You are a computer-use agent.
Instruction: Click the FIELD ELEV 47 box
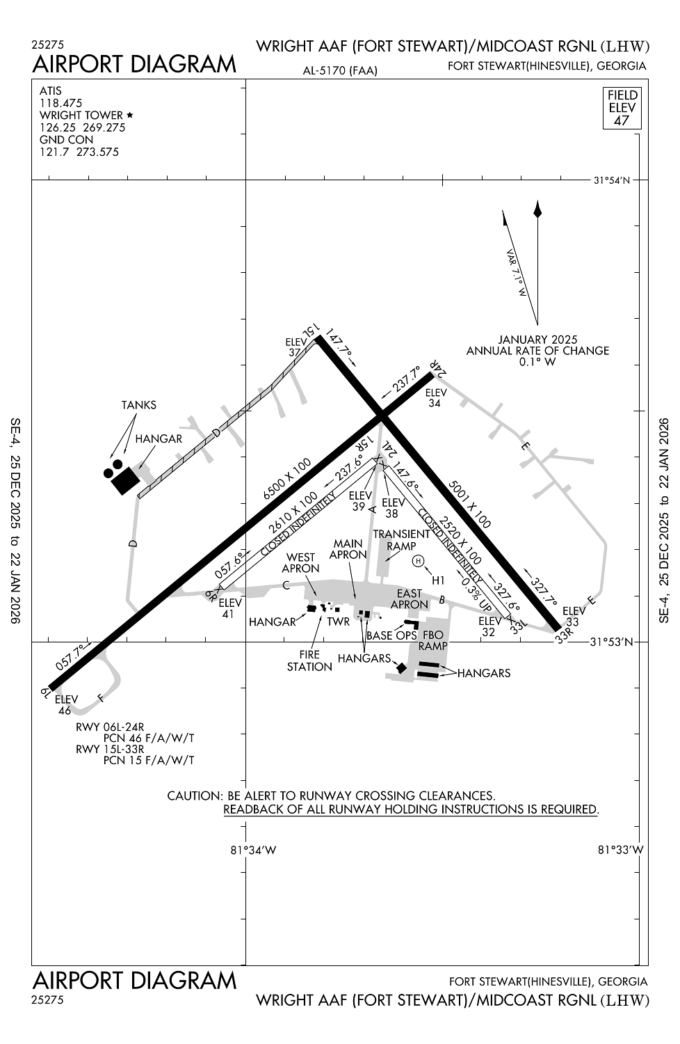click(622, 107)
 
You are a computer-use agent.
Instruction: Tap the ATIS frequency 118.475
click(61, 103)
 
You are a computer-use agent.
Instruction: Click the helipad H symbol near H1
click(418, 561)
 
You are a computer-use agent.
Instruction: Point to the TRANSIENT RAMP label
click(401, 540)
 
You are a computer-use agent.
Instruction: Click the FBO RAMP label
click(433, 640)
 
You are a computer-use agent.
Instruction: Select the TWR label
click(339, 622)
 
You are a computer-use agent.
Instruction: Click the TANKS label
click(139, 405)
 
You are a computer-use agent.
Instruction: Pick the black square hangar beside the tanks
click(125, 480)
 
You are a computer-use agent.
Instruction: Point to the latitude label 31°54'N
click(612, 180)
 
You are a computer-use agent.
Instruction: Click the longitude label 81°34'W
click(253, 850)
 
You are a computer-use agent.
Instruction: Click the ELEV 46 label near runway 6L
click(66, 704)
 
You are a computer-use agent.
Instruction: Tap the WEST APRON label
click(301, 562)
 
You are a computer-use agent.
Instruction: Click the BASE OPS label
click(391, 635)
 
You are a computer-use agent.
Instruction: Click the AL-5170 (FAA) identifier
click(340, 70)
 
